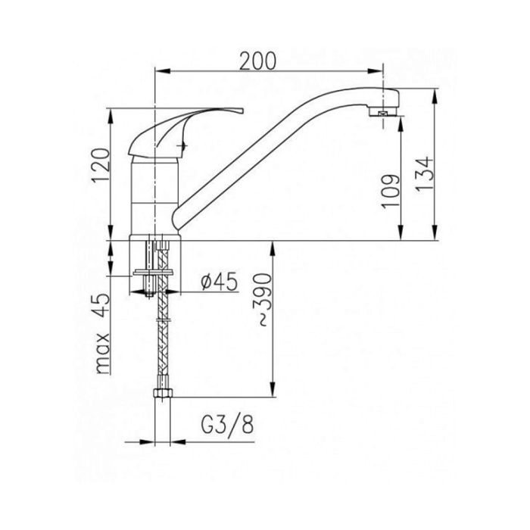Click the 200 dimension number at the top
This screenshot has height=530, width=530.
tap(257, 61)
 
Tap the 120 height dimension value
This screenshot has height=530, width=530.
tap(101, 166)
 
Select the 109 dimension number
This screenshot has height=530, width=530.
tap(391, 192)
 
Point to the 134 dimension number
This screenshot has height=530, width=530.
tap(424, 174)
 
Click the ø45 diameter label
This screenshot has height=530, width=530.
tap(219, 282)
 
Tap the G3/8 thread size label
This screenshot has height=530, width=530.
tap(227, 426)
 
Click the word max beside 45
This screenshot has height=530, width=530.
tap(102, 354)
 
